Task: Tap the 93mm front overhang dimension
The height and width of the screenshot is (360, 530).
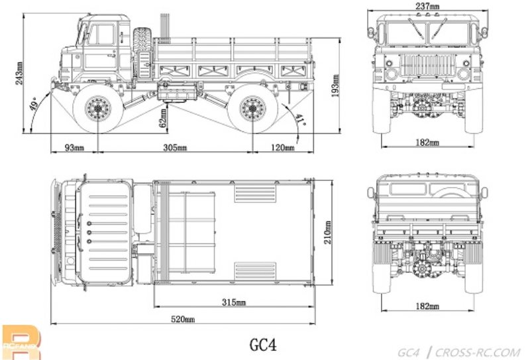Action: click(x=74, y=147)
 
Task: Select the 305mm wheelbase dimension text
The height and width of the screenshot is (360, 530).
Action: click(x=174, y=147)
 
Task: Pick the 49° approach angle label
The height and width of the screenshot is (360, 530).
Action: click(x=33, y=105)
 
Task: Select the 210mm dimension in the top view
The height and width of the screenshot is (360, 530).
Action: click(x=327, y=231)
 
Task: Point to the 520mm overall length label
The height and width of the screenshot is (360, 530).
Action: click(x=183, y=320)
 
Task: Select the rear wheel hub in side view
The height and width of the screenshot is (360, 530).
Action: click(x=252, y=107)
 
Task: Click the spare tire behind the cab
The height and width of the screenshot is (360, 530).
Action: click(x=143, y=47)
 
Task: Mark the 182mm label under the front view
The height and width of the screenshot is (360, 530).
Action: click(x=427, y=142)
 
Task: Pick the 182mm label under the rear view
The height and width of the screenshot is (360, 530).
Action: click(x=427, y=306)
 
